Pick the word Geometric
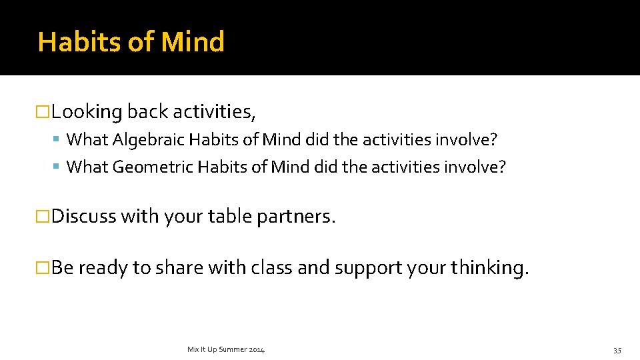point(153,167)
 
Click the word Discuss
point(84,217)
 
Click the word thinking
point(489,267)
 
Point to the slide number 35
point(617,350)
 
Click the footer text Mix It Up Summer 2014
point(226,349)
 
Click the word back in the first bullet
point(147,112)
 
